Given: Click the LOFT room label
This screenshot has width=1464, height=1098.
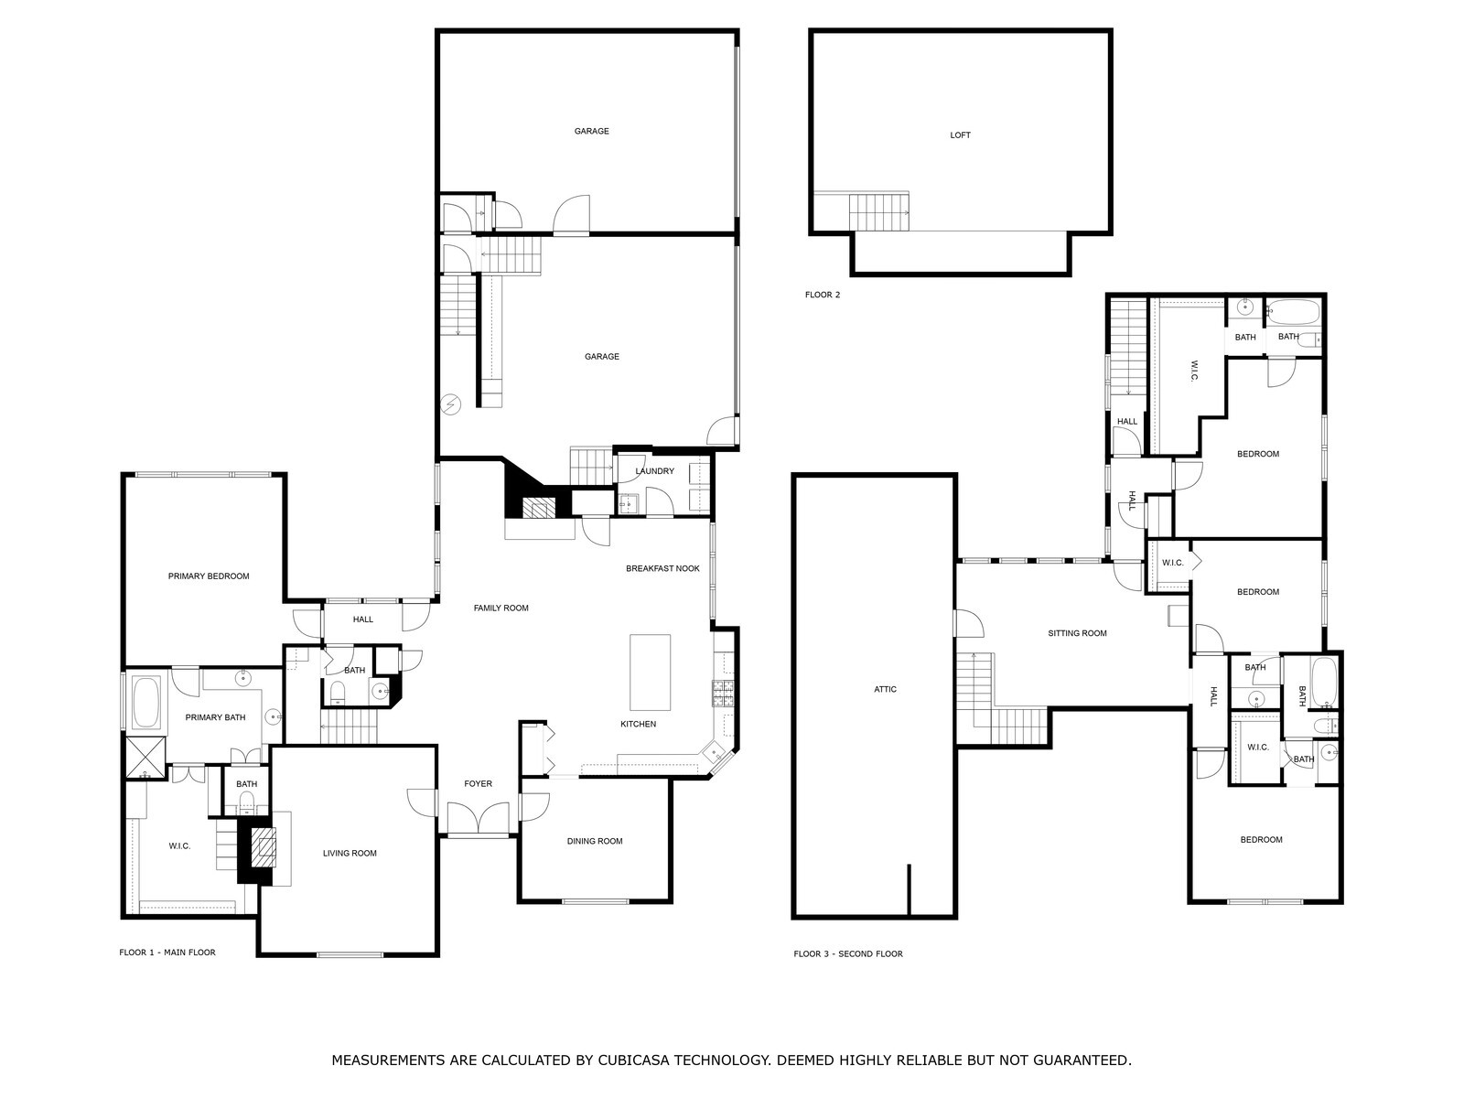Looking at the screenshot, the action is pyautogui.click(x=960, y=135).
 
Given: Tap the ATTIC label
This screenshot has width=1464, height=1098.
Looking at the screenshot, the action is pyautogui.click(x=885, y=689).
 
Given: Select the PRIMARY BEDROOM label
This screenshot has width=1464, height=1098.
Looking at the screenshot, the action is pyautogui.click(x=209, y=576).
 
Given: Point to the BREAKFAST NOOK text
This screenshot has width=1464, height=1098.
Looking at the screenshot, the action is pyautogui.click(x=662, y=568).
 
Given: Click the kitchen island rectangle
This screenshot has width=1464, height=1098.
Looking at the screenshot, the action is pyautogui.click(x=651, y=673).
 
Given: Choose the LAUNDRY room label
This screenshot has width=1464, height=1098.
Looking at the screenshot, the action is pyautogui.click(x=654, y=471).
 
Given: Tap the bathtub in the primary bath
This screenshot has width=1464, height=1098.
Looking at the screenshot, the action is pyautogui.click(x=146, y=703).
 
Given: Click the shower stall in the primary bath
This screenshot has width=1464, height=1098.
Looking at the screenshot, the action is pyautogui.click(x=145, y=757).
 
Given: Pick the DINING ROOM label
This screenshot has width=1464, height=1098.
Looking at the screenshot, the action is pyautogui.click(x=594, y=841).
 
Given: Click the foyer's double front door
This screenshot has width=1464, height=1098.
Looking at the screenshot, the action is pyautogui.click(x=479, y=819).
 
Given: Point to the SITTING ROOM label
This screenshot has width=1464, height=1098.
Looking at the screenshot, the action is pyautogui.click(x=1077, y=633).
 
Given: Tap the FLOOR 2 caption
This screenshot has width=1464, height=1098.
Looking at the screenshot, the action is pyautogui.click(x=823, y=295).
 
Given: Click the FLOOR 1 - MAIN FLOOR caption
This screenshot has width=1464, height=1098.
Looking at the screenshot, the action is pyautogui.click(x=167, y=953).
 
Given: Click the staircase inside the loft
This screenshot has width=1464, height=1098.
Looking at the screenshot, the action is pyautogui.click(x=879, y=212).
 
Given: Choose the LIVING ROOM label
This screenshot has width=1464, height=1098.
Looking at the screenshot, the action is pyautogui.click(x=350, y=854).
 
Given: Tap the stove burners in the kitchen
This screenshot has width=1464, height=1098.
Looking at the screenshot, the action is pyautogui.click(x=722, y=694).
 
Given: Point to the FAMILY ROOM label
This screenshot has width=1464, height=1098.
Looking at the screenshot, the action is pyautogui.click(x=501, y=608).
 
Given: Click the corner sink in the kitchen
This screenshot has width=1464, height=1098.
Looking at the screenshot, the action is pyautogui.click(x=715, y=753).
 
